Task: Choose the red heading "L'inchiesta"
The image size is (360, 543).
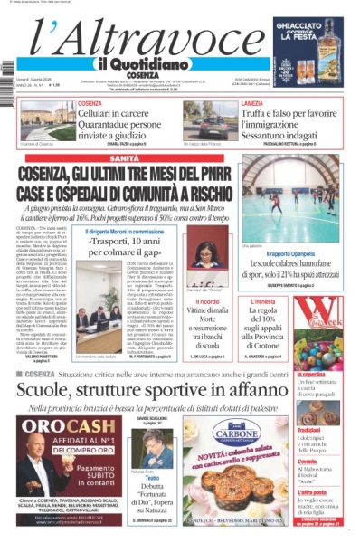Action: (261, 301)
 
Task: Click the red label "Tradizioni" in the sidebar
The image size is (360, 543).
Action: (310, 430)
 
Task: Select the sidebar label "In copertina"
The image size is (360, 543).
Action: (312, 372)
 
